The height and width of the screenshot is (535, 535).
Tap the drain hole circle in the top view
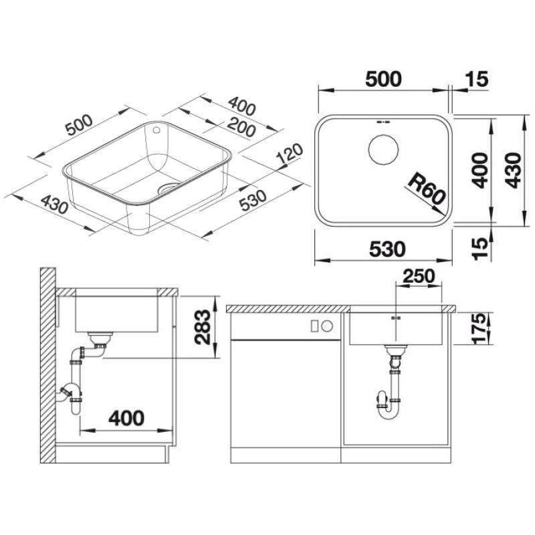(383, 149)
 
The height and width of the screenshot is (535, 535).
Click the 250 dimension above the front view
(419, 276)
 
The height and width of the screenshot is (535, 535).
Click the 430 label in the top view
(513, 170)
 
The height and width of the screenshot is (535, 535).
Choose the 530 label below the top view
(387, 249)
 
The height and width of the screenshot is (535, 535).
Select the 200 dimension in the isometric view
(241, 127)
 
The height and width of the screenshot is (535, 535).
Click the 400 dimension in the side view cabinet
(126, 418)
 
